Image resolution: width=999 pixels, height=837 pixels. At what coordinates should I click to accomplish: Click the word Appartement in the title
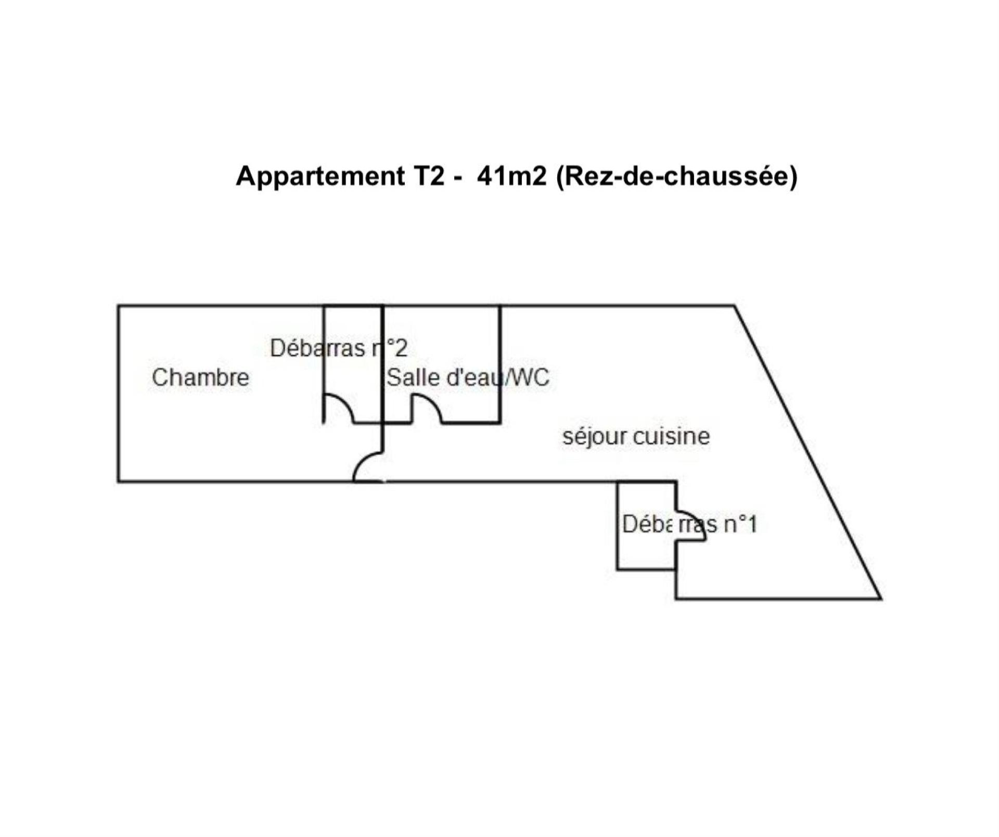(x=320, y=176)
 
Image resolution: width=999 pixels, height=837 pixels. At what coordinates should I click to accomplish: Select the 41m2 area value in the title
(x=511, y=176)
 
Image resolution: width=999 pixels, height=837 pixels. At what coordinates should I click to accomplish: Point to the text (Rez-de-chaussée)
(x=677, y=177)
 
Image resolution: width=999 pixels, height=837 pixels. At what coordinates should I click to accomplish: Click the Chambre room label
(x=200, y=377)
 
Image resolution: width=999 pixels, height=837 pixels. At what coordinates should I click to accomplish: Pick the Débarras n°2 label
(x=339, y=348)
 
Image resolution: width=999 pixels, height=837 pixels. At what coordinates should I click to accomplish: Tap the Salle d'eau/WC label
(x=468, y=377)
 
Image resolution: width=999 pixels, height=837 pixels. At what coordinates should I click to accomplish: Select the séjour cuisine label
(x=636, y=436)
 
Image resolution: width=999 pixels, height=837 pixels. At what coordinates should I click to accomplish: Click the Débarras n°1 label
(x=689, y=524)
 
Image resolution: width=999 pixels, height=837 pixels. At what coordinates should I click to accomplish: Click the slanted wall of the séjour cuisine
(x=808, y=452)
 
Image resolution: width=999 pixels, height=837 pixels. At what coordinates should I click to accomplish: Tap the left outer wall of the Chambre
(x=119, y=394)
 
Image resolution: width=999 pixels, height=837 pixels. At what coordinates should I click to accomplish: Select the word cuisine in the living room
(x=672, y=436)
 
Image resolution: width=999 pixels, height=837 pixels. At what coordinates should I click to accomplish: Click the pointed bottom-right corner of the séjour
(x=880, y=599)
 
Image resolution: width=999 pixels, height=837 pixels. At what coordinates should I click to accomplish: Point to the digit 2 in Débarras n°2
(x=401, y=348)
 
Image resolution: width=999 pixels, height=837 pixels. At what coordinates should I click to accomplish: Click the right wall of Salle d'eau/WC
(x=501, y=364)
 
